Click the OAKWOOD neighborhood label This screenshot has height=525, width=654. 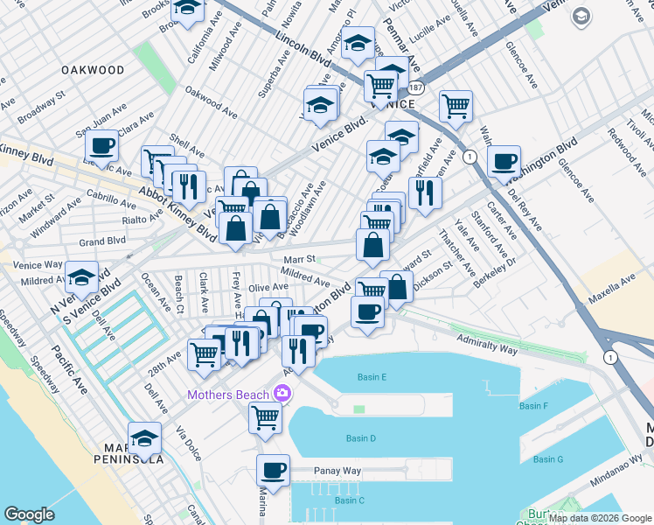[93, 69]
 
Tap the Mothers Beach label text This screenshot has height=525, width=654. [227, 395]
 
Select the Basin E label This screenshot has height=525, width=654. [372, 377]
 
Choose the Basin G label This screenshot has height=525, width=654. [548, 459]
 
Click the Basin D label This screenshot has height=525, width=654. [360, 437]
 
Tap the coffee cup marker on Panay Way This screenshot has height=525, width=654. [274, 470]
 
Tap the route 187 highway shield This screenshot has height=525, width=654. [415, 88]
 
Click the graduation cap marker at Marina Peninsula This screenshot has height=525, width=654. [145, 437]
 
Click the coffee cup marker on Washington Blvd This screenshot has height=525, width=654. [504, 161]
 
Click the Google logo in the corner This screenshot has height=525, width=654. [29, 514]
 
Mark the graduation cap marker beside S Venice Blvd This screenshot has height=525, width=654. [82, 277]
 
